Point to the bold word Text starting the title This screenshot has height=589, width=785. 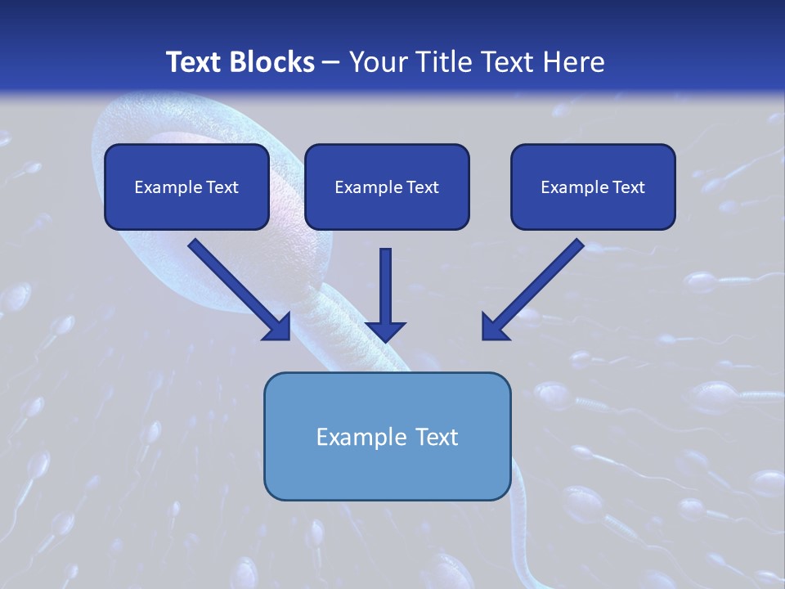pyautogui.click(x=196, y=62)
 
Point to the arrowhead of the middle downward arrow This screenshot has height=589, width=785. pyautogui.click(x=386, y=330)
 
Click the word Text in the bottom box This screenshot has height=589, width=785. pyautogui.click(x=437, y=437)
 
